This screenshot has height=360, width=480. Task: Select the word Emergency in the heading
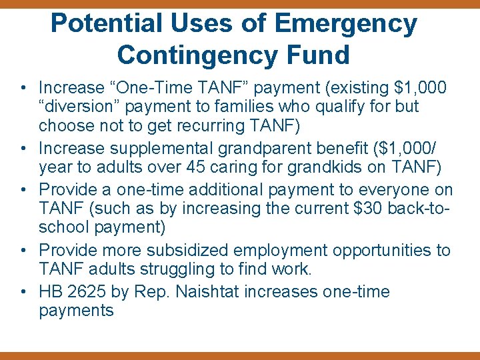345,24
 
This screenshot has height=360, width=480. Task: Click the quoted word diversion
79,107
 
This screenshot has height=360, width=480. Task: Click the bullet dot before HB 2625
23,292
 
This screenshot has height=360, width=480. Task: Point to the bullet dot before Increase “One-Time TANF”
23,88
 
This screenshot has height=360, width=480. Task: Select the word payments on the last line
76,311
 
